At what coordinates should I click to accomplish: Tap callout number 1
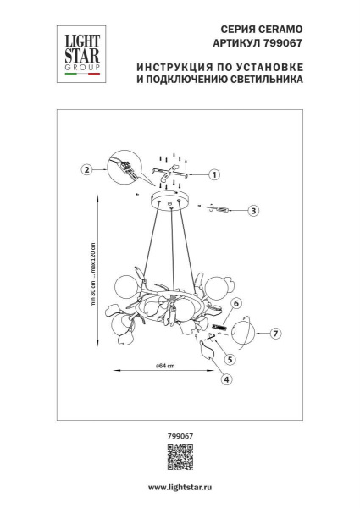(213, 175)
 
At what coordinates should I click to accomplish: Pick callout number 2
(86, 168)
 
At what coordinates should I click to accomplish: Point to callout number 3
(253, 210)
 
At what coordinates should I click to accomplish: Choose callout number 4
(225, 379)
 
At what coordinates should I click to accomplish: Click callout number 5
(230, 359)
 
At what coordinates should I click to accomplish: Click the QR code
(179, 457)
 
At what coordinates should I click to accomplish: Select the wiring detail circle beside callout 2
(124, 166)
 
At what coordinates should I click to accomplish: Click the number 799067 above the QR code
(179, 435)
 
